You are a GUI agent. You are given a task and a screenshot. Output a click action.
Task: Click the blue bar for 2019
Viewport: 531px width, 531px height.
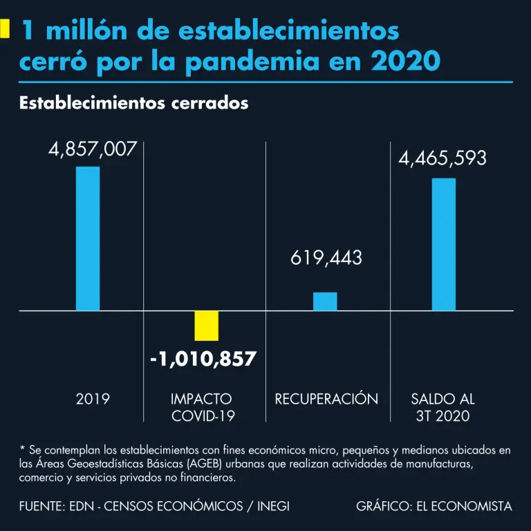[88, 239]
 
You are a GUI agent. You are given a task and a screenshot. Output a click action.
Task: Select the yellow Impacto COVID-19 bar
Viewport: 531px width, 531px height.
[206, 326]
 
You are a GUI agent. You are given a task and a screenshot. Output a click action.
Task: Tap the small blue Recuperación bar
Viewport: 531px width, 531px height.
[325, 301]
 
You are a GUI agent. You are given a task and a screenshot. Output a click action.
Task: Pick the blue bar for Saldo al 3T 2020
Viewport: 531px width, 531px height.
[443, 244]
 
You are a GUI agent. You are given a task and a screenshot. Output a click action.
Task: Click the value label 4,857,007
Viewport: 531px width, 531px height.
[93, 149]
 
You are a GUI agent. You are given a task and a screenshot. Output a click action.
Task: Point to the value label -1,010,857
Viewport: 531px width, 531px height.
[203, 360]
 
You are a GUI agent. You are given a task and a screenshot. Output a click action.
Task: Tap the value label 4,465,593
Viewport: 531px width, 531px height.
[442, 158]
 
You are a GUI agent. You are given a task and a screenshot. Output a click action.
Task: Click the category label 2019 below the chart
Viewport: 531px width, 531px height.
[93, 399]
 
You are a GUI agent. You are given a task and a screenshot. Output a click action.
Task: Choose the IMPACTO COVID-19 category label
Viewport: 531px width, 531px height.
[203, 407]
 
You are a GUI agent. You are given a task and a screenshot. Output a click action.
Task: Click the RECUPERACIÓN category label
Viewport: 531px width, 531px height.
[326, 399]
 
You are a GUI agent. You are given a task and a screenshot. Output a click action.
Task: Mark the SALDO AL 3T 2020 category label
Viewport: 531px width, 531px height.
[443, 407]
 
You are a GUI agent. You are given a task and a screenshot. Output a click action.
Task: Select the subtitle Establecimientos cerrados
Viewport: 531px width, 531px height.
[134, 104]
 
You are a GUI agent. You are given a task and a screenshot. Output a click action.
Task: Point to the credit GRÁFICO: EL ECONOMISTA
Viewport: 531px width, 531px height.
[434, 507]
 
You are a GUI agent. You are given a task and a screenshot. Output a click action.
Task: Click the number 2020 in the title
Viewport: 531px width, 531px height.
[406, 62]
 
